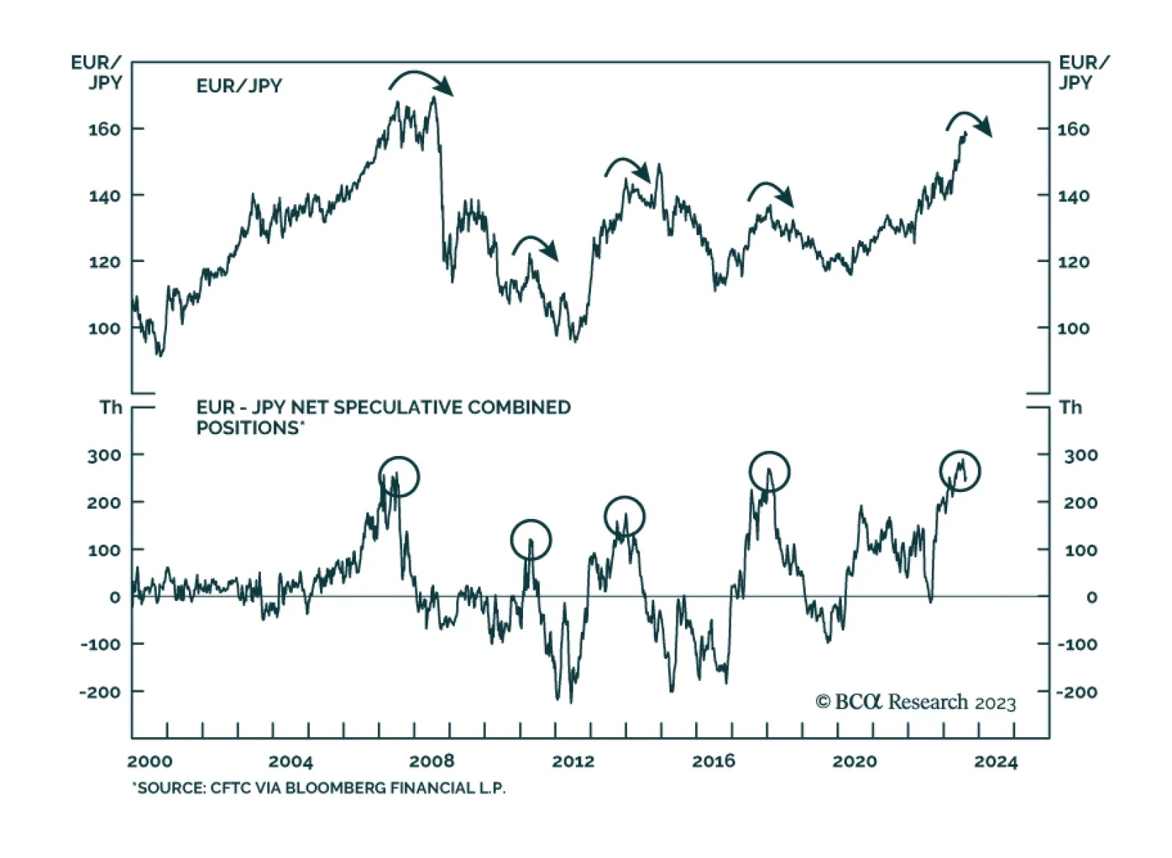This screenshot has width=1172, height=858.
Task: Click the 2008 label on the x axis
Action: [x=431, y=761]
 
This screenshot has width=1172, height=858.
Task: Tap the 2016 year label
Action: [x=713, y=761]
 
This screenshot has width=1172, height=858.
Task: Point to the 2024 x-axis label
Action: [x=995, y=762]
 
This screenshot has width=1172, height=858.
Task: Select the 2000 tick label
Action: [x=150, y=761]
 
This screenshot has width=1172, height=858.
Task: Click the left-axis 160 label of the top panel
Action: [x=104, y=129]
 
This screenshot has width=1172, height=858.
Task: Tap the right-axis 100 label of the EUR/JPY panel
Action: [x=1073, y=329]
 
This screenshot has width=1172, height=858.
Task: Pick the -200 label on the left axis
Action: [x=100, y=692]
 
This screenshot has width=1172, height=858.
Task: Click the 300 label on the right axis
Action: [x=1080, y=455]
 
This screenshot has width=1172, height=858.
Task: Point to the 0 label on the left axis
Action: [x=115, y=597]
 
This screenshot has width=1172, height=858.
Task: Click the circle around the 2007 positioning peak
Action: [x=398, y=477]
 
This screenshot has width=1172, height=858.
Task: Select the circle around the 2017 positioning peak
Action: [x=769, y=471]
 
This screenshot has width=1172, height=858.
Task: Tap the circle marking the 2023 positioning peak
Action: [x=960, y=470]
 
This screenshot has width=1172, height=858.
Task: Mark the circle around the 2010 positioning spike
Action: [x=530, y=540]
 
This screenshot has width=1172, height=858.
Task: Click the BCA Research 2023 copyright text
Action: [x=916, y=702]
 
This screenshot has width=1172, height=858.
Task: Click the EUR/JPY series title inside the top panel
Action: [x=239, y=86]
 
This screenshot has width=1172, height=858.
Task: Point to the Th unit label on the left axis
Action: [x=111, y=408]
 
